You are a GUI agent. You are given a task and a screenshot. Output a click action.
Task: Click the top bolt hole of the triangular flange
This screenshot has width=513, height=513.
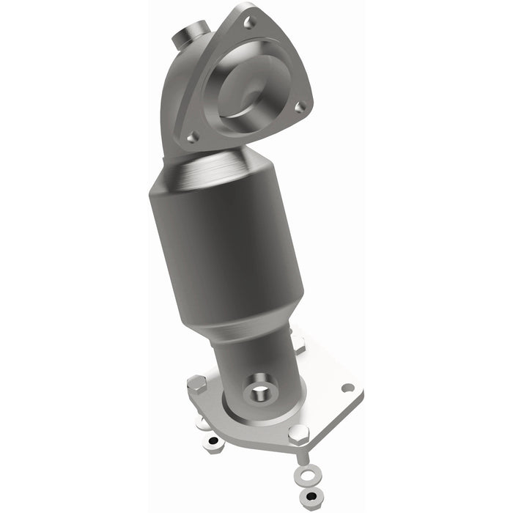251,22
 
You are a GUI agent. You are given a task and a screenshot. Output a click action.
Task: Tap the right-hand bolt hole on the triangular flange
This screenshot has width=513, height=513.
299,107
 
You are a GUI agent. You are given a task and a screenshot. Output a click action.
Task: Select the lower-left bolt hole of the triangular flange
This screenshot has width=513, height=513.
192,136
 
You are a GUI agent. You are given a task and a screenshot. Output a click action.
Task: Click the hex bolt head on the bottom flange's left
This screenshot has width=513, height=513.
196,383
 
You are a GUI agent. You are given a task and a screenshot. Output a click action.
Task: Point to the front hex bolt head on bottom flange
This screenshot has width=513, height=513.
296,433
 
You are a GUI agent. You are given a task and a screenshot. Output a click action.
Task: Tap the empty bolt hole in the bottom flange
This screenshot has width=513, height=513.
347,388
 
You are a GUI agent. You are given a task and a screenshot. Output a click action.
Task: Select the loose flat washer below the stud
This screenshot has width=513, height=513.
306,477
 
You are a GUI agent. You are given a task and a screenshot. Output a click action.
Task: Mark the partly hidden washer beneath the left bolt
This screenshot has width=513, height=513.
203,423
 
